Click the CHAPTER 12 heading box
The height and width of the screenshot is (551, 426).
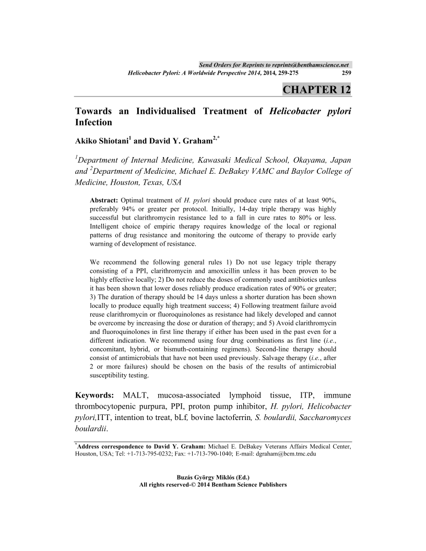(316, 89)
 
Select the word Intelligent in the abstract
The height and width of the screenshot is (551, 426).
(106, 226)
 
